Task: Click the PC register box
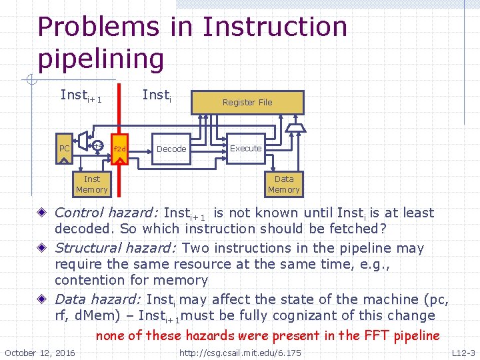coord(65,148)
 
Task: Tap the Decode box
coord(171,149)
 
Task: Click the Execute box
coord(246,148)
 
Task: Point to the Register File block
coord(247,103)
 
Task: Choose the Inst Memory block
coord(92,184)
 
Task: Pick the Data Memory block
coord(284,184)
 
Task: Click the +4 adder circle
coord(98,145)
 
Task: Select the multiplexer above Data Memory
coord(293,127)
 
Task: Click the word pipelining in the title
coord(101,59)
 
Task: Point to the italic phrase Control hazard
coord(106,213)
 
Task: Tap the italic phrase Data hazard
coord(98,299)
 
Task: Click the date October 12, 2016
coord(40,352)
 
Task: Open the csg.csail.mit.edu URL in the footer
coord(241,352)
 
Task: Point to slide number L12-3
coord(463,352)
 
